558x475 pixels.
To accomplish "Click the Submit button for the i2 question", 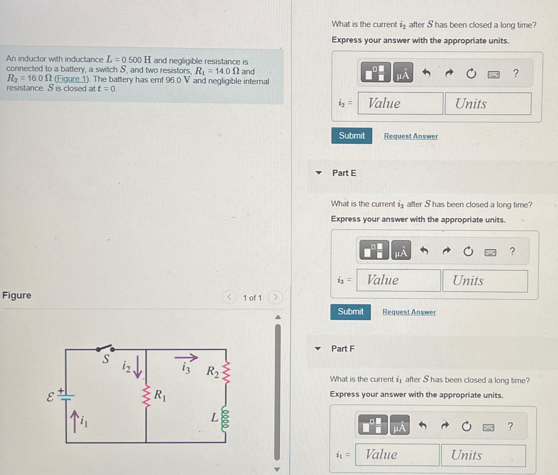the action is coord(352,136).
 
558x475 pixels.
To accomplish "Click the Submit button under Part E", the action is coord(351,312).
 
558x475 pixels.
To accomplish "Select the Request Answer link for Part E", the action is coord(409,312).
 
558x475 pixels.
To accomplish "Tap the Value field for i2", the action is coord(400,103).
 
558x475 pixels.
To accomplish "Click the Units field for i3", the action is coord(485,281).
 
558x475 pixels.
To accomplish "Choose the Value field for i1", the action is coord(397,455).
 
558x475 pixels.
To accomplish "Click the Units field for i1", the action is coord(483,455).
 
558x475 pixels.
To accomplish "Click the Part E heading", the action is coord(344,173).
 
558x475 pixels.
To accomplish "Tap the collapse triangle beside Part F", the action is coord(318,348).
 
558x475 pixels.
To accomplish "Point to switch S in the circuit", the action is coord(105,348).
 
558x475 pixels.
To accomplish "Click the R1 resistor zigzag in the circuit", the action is coord(146,397).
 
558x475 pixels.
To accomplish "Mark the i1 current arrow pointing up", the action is coord(75,421).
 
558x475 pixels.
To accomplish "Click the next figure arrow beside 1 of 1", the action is coord(275,297).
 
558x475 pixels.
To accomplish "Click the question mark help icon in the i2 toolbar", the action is coord(516,73).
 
